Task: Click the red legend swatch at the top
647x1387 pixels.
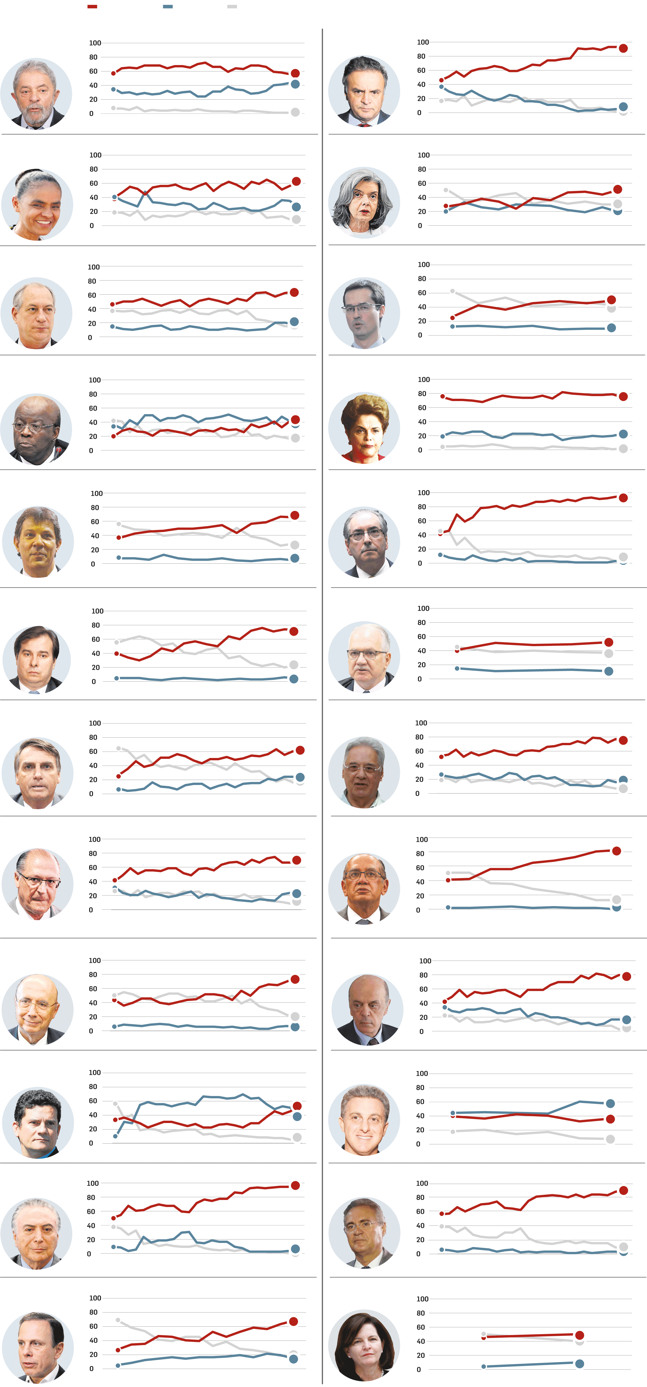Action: click(x=92, y=6)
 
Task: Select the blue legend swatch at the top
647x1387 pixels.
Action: click(x=168, y=6)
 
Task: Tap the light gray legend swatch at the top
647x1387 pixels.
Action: click(x=232, y=6)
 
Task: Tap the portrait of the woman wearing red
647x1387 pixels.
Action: click(x=364, y=428)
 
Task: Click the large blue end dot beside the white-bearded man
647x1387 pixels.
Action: click(x=295, y=84)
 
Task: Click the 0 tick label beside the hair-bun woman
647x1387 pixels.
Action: click(x=91, y=226)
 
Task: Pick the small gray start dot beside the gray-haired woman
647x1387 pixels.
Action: click(x=446, y=190)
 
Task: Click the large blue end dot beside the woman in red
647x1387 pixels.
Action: click(x=623, y=434)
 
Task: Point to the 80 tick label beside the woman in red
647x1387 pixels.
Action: click(x=422, y=394)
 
